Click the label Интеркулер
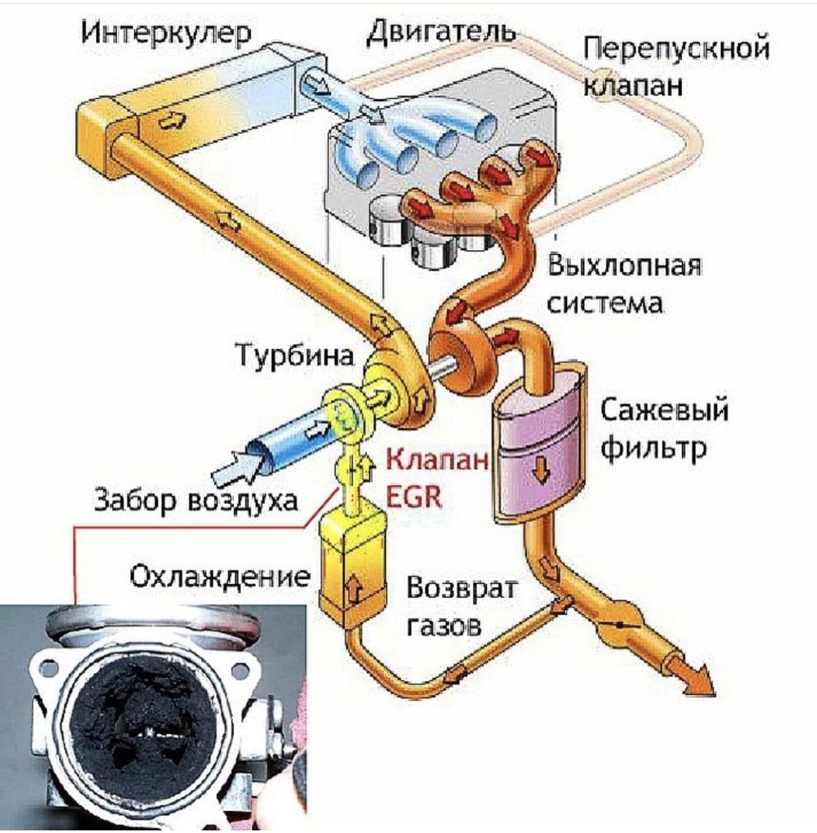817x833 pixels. click(165, 33)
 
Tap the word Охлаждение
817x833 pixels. click(219, 578)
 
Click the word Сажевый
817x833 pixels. click(664, 411)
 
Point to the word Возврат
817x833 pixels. click(462, 587)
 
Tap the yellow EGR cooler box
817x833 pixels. click(353, 565)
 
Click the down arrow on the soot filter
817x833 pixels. click(542, 471)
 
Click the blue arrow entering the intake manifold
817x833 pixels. click(317, 84)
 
